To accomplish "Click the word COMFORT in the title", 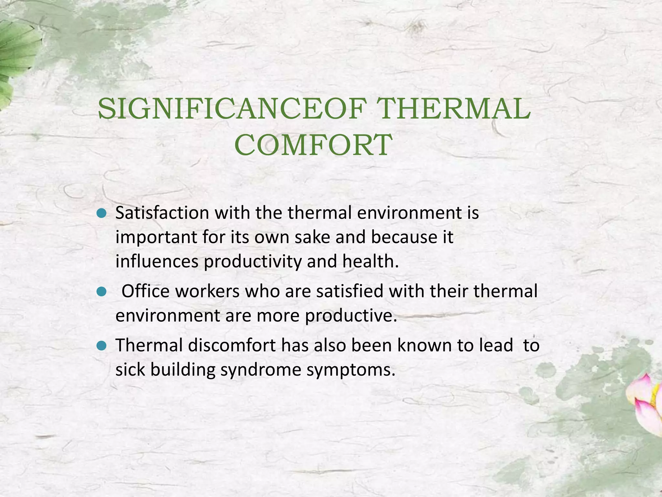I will pos(313,145).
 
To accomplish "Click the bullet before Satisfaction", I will pos(101,214).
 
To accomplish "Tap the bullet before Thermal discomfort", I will pos(101,346).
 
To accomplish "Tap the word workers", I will pos(207,291).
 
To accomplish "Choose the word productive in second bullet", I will pos(351,315).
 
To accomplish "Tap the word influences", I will pos(157,261).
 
